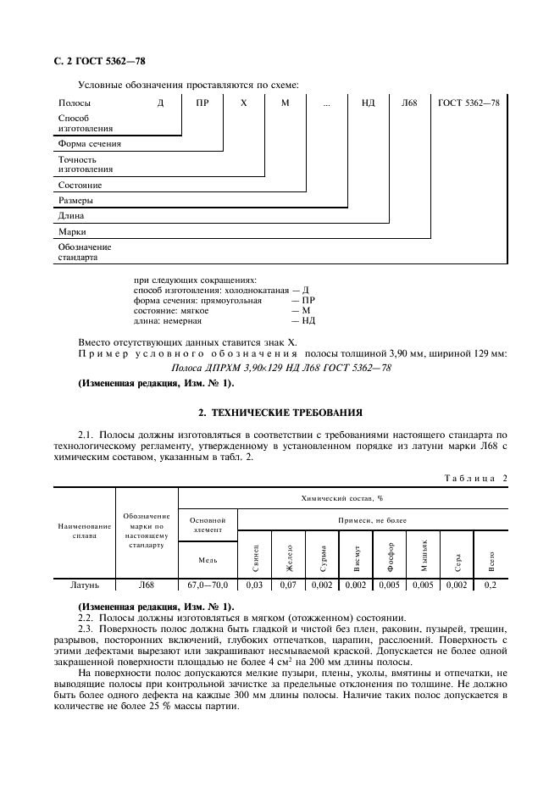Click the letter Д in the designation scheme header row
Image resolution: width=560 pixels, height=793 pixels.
coord(160,103)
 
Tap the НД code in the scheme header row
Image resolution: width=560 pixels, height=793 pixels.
coord(368,103)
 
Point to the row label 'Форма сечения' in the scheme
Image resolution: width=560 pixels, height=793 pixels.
coord(89,143)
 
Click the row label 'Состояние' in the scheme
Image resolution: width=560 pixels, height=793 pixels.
coord(80,185)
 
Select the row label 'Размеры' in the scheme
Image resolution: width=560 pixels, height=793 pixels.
coord(75,201)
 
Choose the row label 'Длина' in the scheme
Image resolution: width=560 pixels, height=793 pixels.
coord(70,216)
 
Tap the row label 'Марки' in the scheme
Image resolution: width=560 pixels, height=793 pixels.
coord(72,231)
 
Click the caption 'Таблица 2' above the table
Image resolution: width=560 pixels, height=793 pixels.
coord(475,478)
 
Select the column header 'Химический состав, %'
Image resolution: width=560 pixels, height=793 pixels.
coord(342,499)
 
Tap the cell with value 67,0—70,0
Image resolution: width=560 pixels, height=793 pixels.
coord(208,585)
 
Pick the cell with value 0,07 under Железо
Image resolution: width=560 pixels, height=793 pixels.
coord(288,585)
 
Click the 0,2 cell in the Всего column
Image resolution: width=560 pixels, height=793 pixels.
coord(490,585)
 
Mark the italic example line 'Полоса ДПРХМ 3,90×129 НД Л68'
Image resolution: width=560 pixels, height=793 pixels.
coord(280,367)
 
